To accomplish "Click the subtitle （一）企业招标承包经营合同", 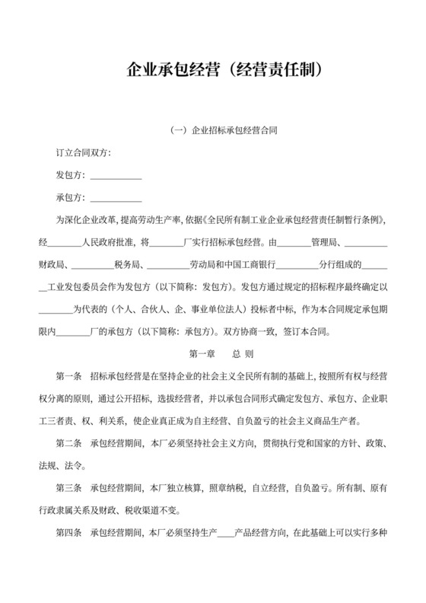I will coord(223,130).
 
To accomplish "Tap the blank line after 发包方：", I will coord(116,176).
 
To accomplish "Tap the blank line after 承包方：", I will coord(116,199).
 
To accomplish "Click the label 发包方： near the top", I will coord(72,176).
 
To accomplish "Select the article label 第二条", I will coord(70,443).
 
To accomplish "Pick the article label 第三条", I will coord(70,487).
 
